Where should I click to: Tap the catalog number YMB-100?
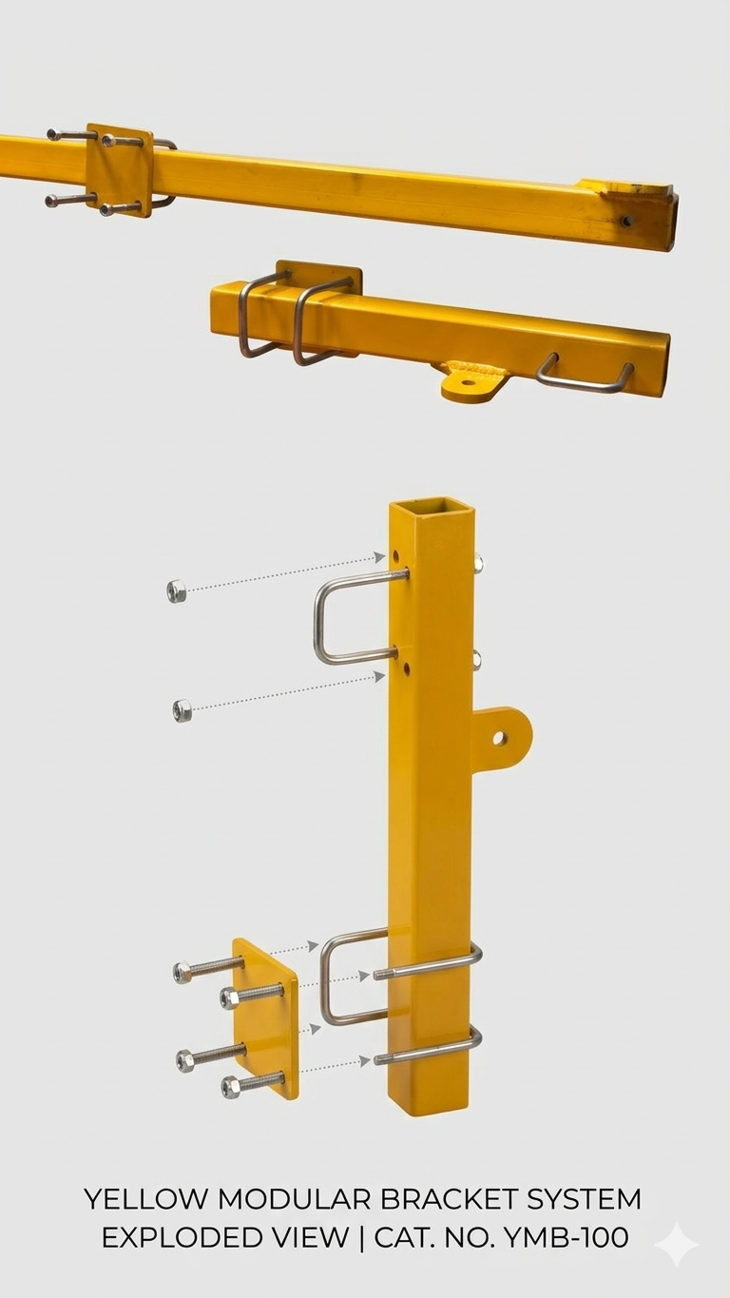567,1238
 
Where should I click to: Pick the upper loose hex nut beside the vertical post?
177,591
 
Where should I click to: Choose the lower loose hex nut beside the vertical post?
182,710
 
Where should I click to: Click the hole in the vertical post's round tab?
499,738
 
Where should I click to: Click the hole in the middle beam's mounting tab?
468,382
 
